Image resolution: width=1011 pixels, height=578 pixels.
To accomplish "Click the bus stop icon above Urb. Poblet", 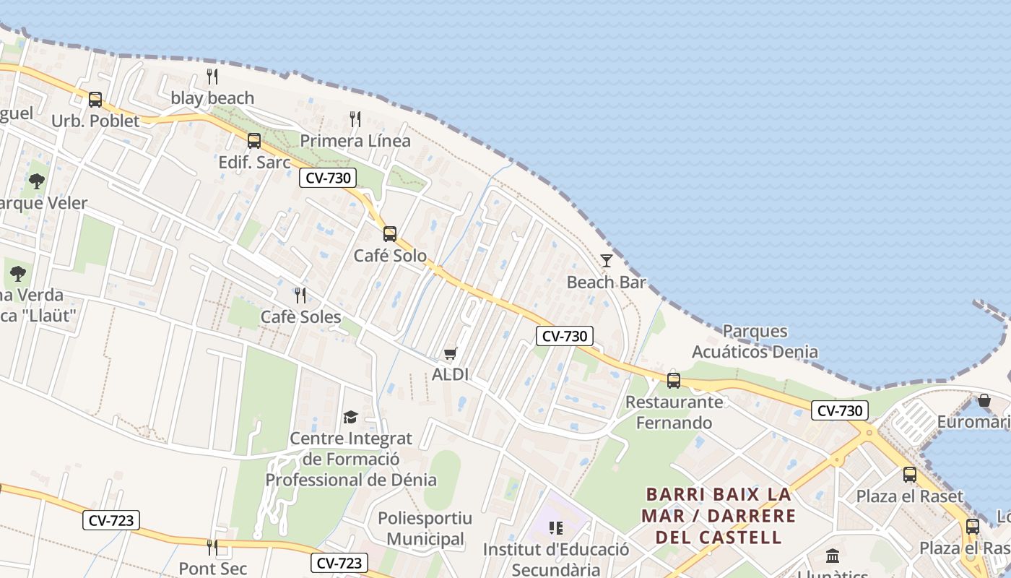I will point(95,100).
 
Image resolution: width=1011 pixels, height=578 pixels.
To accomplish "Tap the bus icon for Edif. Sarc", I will point(253,141).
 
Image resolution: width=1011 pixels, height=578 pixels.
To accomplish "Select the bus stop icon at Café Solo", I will point(390,233).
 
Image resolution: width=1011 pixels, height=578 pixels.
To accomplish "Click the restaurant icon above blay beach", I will point(212,77).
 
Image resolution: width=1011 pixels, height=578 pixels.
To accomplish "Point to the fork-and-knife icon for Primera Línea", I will point(355,119).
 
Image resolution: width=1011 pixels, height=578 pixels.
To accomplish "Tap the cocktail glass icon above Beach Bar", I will point(607,261).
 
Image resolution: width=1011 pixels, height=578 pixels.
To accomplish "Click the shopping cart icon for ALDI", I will point(451,353).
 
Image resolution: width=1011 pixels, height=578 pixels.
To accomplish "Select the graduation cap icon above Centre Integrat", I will point(350,417).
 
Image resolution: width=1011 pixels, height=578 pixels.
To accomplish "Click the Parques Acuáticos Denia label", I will point(755,342).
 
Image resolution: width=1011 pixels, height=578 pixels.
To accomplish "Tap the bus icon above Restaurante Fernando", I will point(674,380).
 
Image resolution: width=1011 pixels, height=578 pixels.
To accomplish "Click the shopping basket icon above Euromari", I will point(984,400).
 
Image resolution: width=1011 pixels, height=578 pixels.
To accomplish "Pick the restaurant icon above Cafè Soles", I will point(300,295).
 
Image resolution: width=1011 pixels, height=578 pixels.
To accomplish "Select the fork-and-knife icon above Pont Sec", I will point(212,547).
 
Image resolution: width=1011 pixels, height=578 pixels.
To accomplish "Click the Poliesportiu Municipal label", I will point(425,528).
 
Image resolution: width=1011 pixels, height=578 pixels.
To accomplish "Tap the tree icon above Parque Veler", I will point(37,181).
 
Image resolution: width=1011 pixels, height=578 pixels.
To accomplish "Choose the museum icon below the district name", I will point(833,556).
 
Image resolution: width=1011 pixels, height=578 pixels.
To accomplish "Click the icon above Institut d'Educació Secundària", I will point(555,528).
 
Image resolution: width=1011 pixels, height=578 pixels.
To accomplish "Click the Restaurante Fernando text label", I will point(674,412).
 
